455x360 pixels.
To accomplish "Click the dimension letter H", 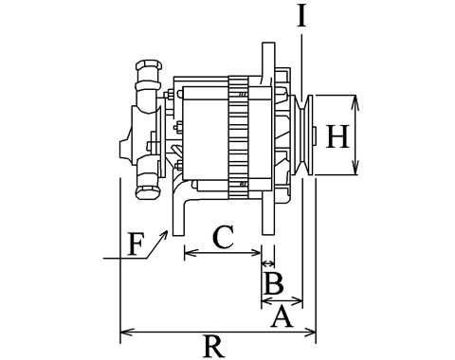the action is click(x=337, y=136).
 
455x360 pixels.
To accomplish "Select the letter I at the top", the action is click(x=301, y=16).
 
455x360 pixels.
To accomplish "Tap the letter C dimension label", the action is click(x=224, y=236).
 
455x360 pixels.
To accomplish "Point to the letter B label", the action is click(x=274, y=282).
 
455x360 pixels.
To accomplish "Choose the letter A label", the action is click(x=282, y=318).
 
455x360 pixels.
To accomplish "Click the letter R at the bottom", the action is click(x=214, y=347).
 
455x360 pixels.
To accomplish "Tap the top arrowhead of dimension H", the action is click(x=355, y=101).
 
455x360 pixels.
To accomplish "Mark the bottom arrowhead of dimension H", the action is click(x=355, y=168).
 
